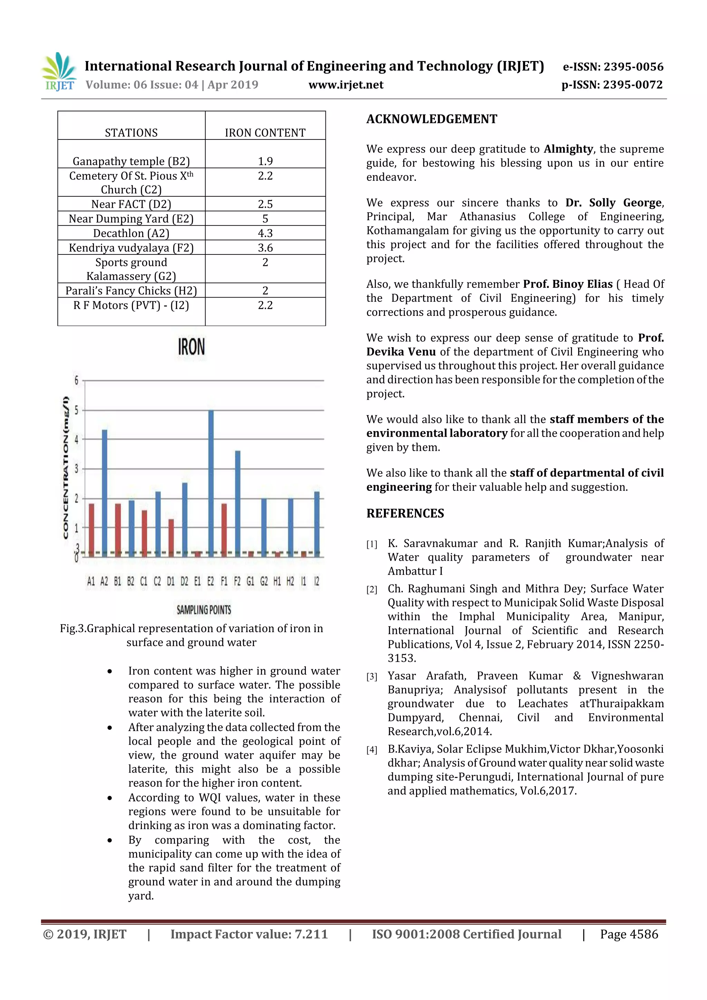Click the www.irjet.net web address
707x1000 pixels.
pos(346,85)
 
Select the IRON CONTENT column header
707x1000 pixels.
pos(265,133)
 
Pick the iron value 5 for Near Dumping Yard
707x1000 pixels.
pos(265,219)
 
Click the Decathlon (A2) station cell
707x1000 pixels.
pos(131,233)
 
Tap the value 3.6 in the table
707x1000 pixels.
pos(265,247)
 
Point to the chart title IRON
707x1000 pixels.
pos(191,347)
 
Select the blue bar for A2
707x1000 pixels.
pos(105,492)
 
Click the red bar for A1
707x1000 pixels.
pos(91,529)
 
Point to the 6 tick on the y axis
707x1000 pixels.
pos(77,380)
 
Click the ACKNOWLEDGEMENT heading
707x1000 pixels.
pos(431,119)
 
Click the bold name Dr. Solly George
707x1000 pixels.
pos(614,203)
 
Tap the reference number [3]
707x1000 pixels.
pos(371,677)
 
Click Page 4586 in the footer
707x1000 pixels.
pos(629,934)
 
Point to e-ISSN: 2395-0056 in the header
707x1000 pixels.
pos(613,67)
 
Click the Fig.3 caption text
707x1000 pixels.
pos(191,635)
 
